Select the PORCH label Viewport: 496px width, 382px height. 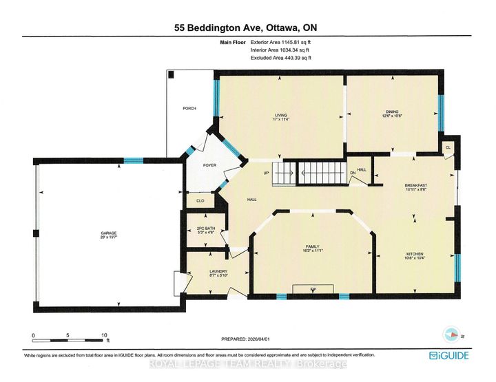189,109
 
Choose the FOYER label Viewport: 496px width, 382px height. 209,165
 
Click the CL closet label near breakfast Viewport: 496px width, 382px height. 448,147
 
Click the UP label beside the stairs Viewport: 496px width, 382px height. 264,173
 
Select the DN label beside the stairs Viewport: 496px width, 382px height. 353,173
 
